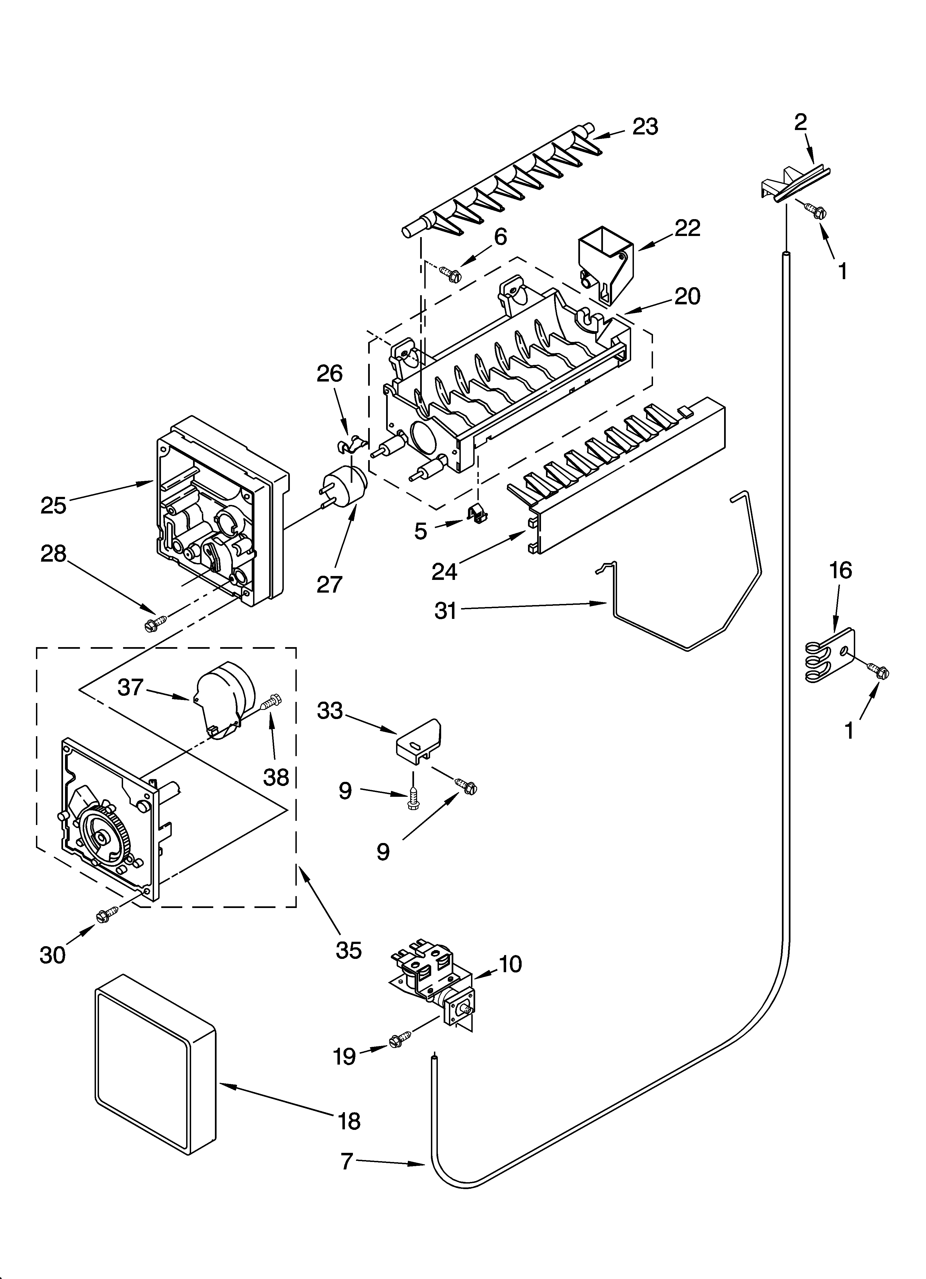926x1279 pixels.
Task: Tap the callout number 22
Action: [x=688, y=228]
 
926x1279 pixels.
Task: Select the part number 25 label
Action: [x=54, y=505]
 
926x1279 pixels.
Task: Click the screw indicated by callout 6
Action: [x=452, y=275]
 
